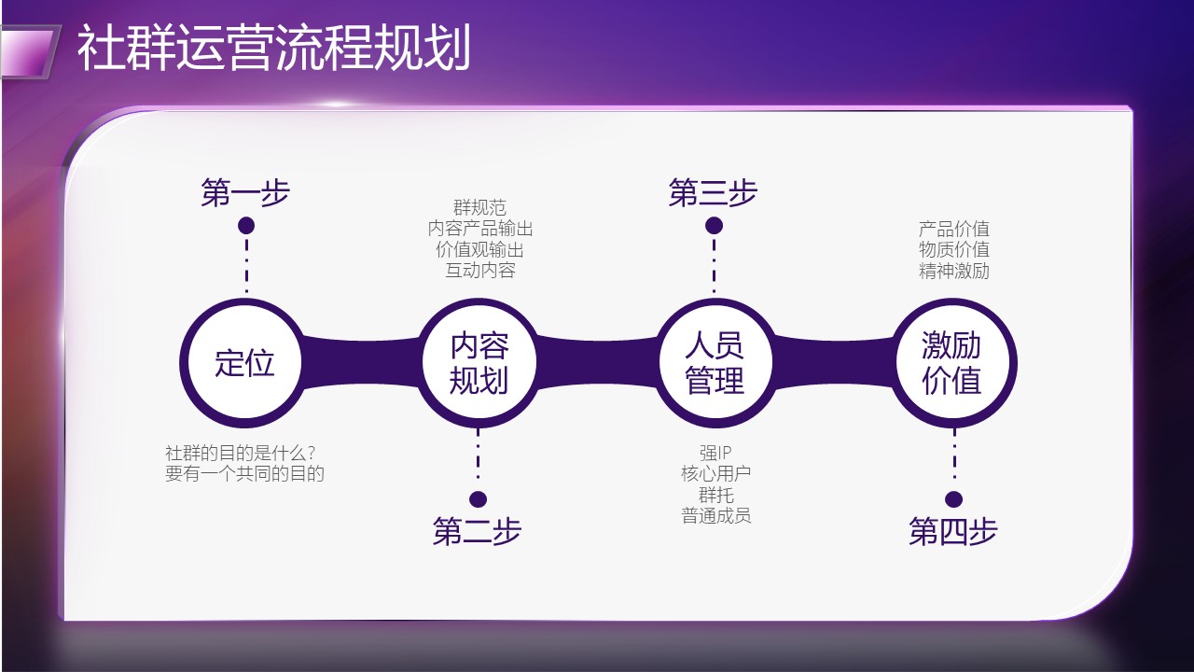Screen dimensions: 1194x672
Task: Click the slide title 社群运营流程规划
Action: pyautogui.click(x=273, y=48)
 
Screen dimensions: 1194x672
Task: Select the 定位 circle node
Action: pyautogui.click(x=244, y=363)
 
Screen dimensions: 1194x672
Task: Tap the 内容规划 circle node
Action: pyautogui.click(x=479, y=363)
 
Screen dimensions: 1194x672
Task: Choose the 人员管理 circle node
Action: pyautogui.click(x=715, y=363)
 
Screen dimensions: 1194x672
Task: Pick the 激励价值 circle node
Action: pyautogui.click(x=952, y=363)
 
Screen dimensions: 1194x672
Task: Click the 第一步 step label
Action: pyautogui.click(x=245, y=192)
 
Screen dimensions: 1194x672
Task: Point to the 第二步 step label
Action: pyautogui.click(x=477, y=531)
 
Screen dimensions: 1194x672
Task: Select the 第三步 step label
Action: pyautogui.click(x=714, y=192)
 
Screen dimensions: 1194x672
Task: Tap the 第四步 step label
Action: pyautogui.click(x=953, y=531)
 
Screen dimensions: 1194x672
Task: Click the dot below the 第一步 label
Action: pyautogui.click(x=246, y=226)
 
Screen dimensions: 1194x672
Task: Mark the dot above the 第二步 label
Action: pyautogui.click(x=479, y=499)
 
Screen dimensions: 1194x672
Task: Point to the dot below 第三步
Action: pyautogui.click(x=715, y=226)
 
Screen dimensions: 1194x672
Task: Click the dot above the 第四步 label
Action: pyautogui.click(x=953, y=499)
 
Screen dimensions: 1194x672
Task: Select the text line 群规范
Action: pyautogui.click(x=479, y=207)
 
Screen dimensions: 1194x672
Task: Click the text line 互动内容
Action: pyautogui.click(x=480, y=271)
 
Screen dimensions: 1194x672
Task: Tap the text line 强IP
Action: pyautogui.click(x=715, y=453)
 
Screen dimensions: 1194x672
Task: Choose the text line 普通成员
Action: pyautogui.click(x=715, y=516)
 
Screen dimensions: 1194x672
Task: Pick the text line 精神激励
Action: pyautogui.click(x=954, y=271)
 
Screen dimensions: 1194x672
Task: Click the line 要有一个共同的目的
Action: pyautogui.click(x=244, y=473)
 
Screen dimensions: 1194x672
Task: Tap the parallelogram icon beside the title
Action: pyautogui.click(x=29, y=52)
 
